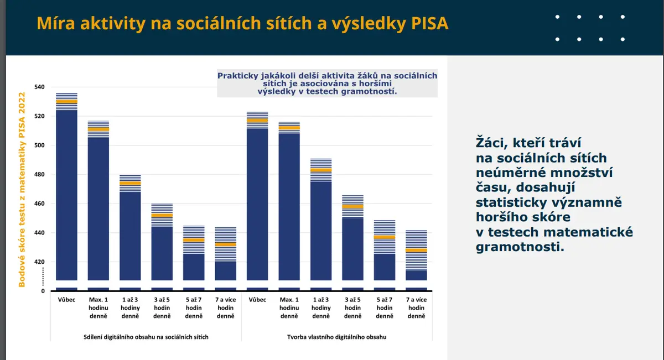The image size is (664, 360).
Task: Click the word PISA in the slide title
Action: [x=429, y=23]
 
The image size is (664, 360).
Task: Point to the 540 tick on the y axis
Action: [x=39, y=87]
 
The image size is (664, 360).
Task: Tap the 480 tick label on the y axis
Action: [x=39, y=174]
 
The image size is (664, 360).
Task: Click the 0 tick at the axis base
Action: [x=43, y=291]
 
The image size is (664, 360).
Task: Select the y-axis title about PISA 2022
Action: [x=22, y=190]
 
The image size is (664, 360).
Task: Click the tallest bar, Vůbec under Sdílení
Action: [x=67, y=187]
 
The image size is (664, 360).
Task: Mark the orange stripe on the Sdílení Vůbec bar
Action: [x=67, y=102]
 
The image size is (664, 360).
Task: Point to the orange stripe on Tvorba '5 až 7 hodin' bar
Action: [x=385, y=237]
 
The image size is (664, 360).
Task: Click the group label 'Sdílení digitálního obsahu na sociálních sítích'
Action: [x=146, y=337]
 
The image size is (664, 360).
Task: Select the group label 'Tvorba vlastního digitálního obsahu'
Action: [x=337, y=337]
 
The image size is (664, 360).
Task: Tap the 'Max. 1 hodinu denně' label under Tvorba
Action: [x=289, y=307]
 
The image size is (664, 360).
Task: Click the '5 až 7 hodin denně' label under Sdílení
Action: [x=194, y=307]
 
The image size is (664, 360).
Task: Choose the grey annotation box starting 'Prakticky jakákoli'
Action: [x=327, y=84]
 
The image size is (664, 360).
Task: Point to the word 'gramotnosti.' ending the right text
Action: [x=520, y=247]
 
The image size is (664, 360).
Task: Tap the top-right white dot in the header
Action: [x=622, y=17]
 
